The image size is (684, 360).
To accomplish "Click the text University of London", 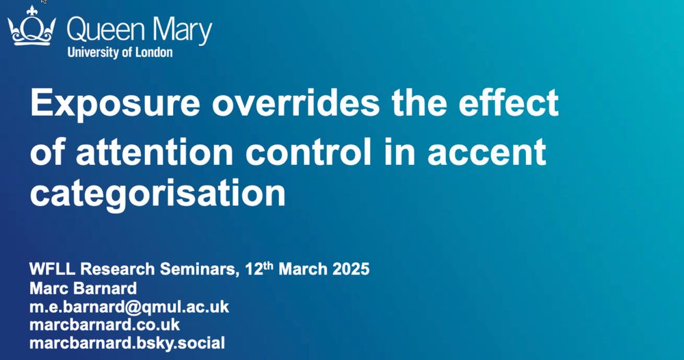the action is pos(120,53).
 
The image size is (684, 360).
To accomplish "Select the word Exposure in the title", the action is pos(115,103).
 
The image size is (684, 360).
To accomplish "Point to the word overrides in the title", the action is pos(295,103).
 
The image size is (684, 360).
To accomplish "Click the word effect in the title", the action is pos(508,102).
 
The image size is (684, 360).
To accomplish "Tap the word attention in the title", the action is pos(155,151).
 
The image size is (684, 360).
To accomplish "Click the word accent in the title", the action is pos(486,152).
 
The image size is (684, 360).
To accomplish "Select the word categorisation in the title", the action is pos(157,193).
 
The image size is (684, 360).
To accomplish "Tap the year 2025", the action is pos(351,269).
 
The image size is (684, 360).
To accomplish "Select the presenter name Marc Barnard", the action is pos(83,288).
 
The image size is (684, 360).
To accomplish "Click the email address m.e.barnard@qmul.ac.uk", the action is pos(129,307).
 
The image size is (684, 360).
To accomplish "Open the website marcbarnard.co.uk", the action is pos(105,324).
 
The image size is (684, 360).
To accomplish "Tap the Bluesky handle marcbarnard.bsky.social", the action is pos(127,343).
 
